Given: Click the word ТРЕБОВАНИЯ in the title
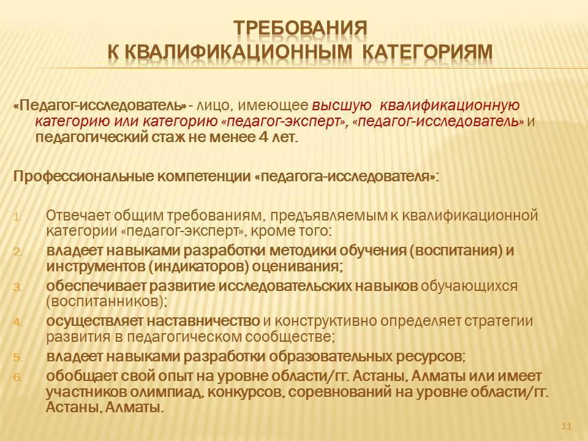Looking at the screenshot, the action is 300,28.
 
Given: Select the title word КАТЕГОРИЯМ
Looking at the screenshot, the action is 428,51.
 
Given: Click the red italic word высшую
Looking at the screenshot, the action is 342,106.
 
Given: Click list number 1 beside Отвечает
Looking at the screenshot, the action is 18,217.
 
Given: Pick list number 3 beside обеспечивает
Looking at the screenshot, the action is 18,288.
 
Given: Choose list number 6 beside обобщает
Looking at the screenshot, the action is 18,377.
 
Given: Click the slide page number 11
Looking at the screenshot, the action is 566,426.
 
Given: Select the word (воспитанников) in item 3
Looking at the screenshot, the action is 107,301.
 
